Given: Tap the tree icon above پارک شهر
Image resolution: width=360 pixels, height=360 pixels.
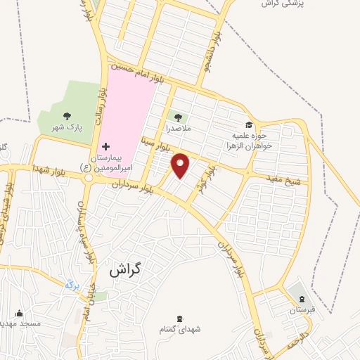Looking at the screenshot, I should tap(67, 116).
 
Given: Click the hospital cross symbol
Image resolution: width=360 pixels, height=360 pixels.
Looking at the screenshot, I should tap(106, 146).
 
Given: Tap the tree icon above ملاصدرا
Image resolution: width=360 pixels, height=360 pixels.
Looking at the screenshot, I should tap(176, 117).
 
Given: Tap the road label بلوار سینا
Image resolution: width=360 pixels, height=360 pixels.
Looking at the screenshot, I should tap(155, 145).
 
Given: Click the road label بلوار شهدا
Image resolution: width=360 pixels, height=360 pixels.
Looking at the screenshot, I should tap(49, 169).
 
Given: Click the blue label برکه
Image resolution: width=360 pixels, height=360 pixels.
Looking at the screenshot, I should tap(69, 285).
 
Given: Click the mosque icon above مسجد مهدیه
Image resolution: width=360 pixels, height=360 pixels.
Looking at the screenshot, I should tap(19, 314).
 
